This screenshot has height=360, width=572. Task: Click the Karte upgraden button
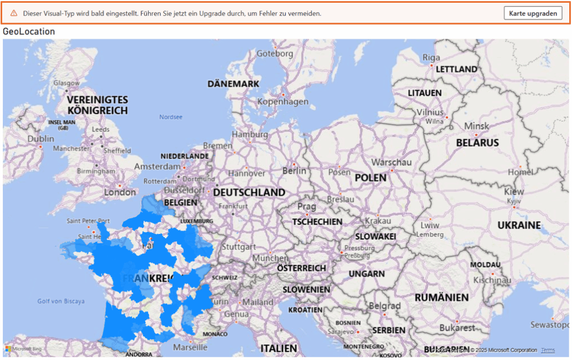click(x=532, y=13)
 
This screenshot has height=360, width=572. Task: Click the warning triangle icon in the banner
click(x=14, y=13)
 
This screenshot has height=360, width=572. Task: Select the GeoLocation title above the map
click(x=29, y=32)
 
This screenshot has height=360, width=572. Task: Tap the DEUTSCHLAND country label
click(x=249, y=192)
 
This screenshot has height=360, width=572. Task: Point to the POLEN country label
click(x=370, y=177)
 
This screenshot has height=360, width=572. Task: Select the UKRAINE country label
click(x=519, y=225)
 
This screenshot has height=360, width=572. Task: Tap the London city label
click(x=120, y=192)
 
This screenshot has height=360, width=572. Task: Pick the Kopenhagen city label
click(x=283, y=102)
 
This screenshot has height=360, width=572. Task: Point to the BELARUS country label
click(x=477, y=143)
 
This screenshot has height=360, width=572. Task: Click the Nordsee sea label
click(x=171, y=117)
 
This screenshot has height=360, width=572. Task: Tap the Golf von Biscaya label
click(x=61, y=301)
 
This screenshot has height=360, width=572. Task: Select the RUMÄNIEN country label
click(x=441, y=297)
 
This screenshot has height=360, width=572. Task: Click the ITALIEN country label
click(x=279, y=348)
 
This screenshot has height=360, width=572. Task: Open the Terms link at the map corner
click(x=547, y=351)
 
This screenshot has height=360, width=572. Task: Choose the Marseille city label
click(x=190, y=347)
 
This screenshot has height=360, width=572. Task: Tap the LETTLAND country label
click(x=456, y=69)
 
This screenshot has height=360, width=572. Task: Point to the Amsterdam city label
click(x=157, y=167)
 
